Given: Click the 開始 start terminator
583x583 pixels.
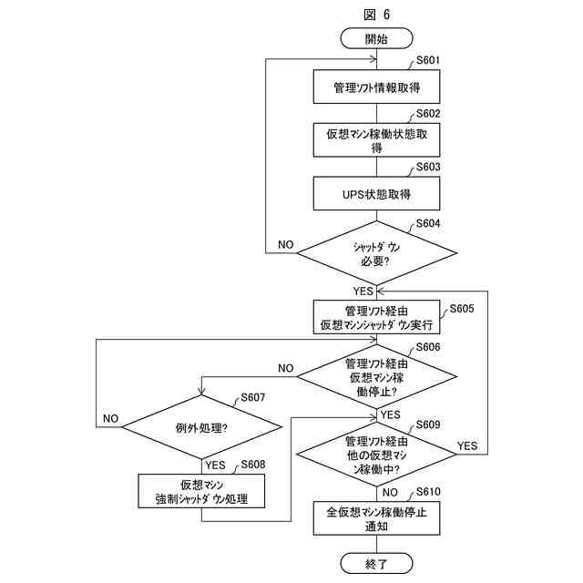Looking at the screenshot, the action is (376, 38).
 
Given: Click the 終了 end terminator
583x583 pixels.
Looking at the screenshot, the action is (376, 564).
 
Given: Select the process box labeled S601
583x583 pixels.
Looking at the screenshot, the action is (376, 87).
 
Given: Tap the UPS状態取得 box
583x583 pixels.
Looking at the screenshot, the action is (376, 194).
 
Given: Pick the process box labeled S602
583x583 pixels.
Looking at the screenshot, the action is (376, 140).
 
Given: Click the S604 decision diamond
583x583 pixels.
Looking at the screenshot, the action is (376, 253).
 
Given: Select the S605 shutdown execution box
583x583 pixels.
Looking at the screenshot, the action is (376, 317).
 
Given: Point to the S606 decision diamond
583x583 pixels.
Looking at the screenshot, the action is (376, 376).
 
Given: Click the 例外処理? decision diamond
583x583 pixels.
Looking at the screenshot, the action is (201, 427).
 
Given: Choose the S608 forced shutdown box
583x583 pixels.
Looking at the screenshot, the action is (201, 491).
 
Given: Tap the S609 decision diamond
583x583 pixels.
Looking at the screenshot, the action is (376, 454).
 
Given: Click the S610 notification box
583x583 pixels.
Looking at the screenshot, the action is (376, 518).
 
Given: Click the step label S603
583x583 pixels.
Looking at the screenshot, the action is (428, 167).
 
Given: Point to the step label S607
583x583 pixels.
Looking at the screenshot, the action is (253, 397).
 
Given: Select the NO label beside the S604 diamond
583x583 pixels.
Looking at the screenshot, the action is (285, 245).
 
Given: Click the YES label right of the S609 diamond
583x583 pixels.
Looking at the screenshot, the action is (467, 445).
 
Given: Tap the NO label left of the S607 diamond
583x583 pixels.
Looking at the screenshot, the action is (110, 419).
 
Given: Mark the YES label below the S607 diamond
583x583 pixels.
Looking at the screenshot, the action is (215, 465).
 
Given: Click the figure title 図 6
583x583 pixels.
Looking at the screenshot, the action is (376, 15).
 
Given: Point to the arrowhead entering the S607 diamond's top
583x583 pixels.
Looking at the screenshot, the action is (201, 392).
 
